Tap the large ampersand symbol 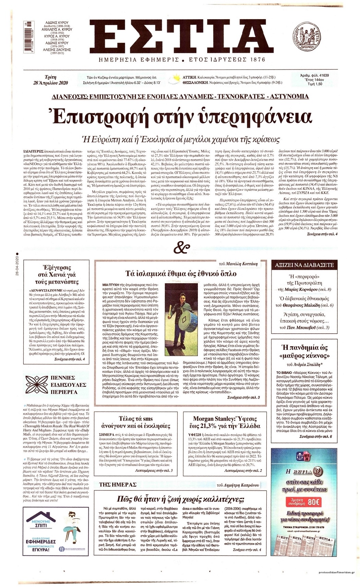point(180,246)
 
